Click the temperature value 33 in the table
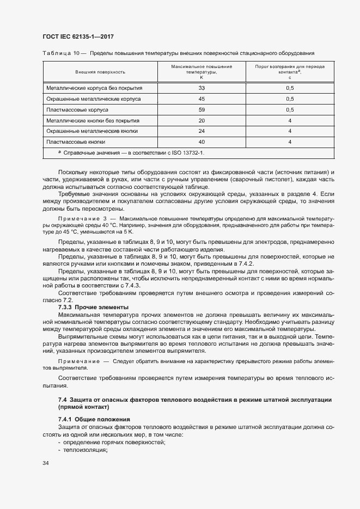tap(202, 88)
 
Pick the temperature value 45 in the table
tap(202, 99)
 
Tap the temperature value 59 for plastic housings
tap(202, 109)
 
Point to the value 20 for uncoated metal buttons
tap(202, 120)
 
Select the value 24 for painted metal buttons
tap(202, 131)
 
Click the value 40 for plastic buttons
tap(202, 142)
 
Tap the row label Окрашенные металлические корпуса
tap(94, 99)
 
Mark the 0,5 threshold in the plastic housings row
tap(290, 109)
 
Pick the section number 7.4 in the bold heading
tap(62, 400)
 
